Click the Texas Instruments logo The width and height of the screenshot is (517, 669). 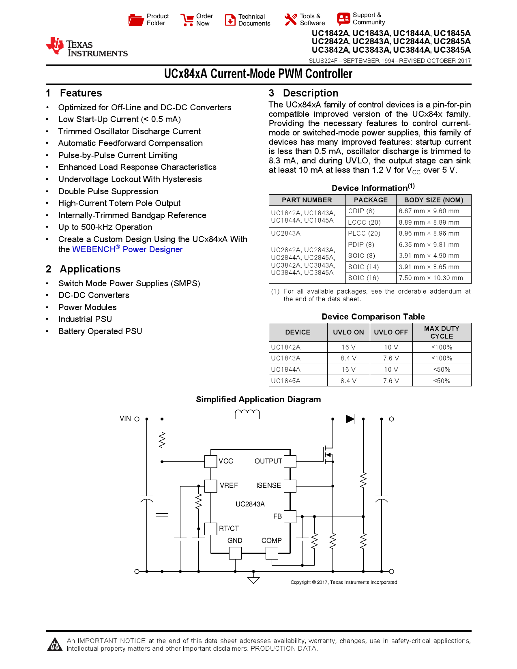pos(86,47)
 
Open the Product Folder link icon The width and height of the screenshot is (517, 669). pos(136,19)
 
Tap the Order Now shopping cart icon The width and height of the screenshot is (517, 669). pos(187,20)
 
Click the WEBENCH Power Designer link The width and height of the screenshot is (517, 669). pos(127,249)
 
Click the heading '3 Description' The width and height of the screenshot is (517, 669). pos(303,93)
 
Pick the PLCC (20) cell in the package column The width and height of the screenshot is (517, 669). pos(364,233)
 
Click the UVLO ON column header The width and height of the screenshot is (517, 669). pos(348,332)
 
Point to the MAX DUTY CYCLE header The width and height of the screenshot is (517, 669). pos(442,332)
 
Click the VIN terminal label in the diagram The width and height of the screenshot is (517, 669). pos(125,418)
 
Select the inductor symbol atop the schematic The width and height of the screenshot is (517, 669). pos(247,414)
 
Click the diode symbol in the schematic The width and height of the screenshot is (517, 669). pos(350,419)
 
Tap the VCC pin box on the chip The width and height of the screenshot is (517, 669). pos(210,461)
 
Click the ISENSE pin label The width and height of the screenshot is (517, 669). pos(268,485)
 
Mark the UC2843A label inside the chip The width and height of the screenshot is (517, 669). pos(250,504)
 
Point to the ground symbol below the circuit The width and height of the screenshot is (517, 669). pos(253,580)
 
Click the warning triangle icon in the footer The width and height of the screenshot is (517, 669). pos(55,644)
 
